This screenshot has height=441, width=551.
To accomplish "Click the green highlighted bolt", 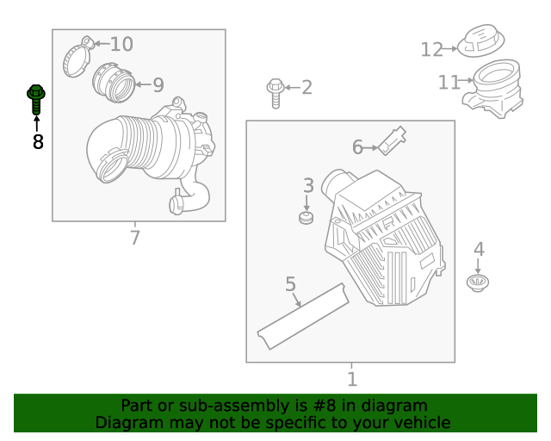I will coord(36,99).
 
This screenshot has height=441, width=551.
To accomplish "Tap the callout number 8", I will coord(37,142).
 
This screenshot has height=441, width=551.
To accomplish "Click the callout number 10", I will coord(121,44).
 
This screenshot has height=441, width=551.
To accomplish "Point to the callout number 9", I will coord(158,85).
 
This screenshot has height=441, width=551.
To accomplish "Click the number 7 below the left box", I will coord(134,238).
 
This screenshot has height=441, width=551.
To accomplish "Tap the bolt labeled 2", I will coord(275,92).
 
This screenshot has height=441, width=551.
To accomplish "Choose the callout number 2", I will coord(306,87).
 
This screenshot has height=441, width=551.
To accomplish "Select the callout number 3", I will coord(307,185).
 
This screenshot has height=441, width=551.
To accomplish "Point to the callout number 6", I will coord(357,147).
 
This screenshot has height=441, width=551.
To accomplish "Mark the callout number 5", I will coord(290,283).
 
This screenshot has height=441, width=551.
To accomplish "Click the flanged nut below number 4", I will coord(478,283).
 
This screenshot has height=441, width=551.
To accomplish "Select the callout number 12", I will coord(431,50).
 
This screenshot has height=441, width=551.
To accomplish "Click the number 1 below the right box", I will coord(351,379).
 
